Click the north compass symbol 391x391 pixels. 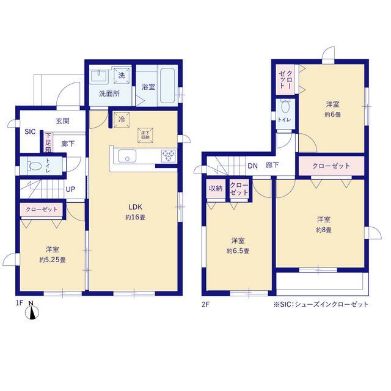(x=32, y=313)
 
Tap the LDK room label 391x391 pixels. (x=135, y=207)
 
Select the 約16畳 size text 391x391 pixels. (x=136, y=217)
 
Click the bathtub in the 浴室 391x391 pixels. (x=167, y=86)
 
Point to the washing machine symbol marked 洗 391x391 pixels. (x=122, y=75)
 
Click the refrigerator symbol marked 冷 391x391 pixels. (x=122, y=120)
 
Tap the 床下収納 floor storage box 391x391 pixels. (x=145, y=136)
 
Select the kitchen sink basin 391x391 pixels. (x=127, y=156)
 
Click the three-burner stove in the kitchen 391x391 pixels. (x=169, y=156)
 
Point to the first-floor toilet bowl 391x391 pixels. (x=35, y=166)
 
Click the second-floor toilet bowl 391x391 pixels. (x=285, y=108)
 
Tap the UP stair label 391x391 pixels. (x=70, y=189)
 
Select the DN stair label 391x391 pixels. (x=252, y=166)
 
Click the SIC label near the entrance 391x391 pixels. (x=30, y=132)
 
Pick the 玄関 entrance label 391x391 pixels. (x=62, y=121)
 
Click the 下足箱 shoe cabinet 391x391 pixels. (x=48, y=142)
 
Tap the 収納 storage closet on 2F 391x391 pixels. (x=216, y=189)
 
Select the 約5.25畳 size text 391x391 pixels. (x=53, y=260)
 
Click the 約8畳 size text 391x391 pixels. (x=324, y=230)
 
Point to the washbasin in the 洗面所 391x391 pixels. (x=99, y=76)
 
